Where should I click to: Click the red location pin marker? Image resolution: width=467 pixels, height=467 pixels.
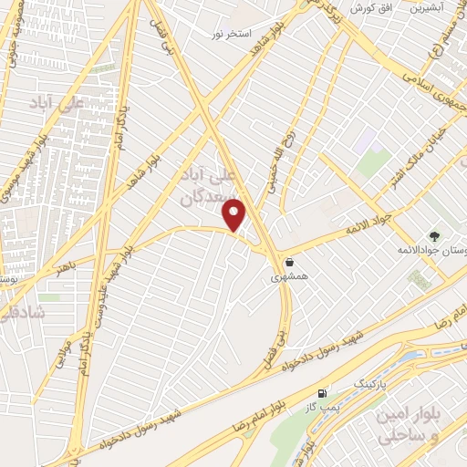(235, 214)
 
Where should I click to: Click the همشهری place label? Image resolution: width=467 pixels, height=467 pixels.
(289, 275)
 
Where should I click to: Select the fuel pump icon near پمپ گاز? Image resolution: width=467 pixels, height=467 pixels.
(322, 393)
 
